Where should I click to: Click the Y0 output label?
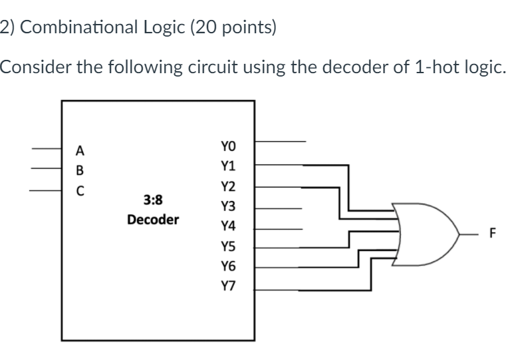point(228,146)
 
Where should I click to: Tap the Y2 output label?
point(228,186)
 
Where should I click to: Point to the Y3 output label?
point(228,207)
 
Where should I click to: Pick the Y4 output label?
point(228,227)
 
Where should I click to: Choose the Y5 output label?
point(228,247)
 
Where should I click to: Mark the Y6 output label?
point(228,267)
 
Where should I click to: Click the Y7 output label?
point(228,287)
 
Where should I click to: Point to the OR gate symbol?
point(424,234)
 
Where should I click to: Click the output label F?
point(493,234)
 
